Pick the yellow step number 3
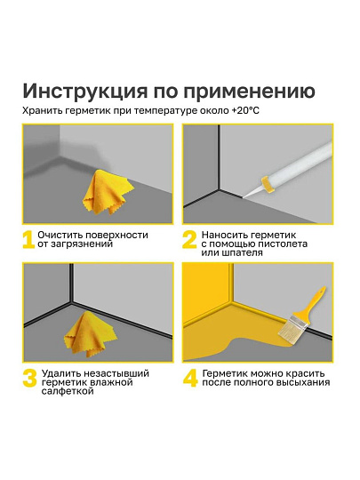[28, 377]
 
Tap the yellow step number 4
[189, 377]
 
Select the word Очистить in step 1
[66, 234]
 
